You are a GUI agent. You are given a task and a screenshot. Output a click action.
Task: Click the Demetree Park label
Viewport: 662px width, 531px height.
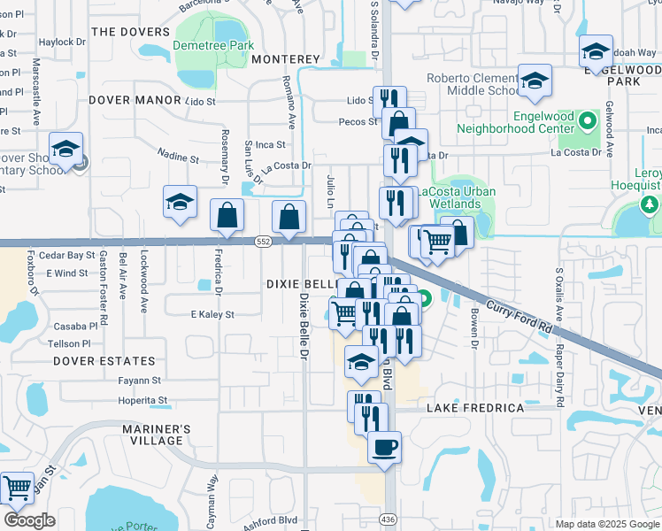coord(213,45)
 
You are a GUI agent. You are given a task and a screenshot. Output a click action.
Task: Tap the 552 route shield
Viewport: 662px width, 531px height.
coord(263,241)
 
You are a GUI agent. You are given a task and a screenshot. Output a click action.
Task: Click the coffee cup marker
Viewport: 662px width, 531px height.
coord(384,447)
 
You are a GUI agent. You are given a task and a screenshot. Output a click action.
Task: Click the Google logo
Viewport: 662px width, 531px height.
coord(29,519)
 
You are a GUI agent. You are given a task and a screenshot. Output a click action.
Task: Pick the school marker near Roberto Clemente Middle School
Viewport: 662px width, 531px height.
coord(535,81)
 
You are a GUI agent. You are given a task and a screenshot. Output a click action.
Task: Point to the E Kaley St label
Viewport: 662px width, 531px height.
coord(212,314)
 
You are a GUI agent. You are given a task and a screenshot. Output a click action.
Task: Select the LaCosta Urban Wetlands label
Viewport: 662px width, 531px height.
coord(457,197)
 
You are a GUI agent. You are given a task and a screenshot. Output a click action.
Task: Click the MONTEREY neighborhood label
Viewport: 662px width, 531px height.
coord(285,58)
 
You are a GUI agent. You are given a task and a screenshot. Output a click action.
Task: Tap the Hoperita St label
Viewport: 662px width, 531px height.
coord(142,401)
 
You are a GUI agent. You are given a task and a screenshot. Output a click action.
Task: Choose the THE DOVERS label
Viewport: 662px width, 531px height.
coord(128,31)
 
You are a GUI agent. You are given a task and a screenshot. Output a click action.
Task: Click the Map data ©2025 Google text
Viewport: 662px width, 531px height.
coord(606,524)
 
